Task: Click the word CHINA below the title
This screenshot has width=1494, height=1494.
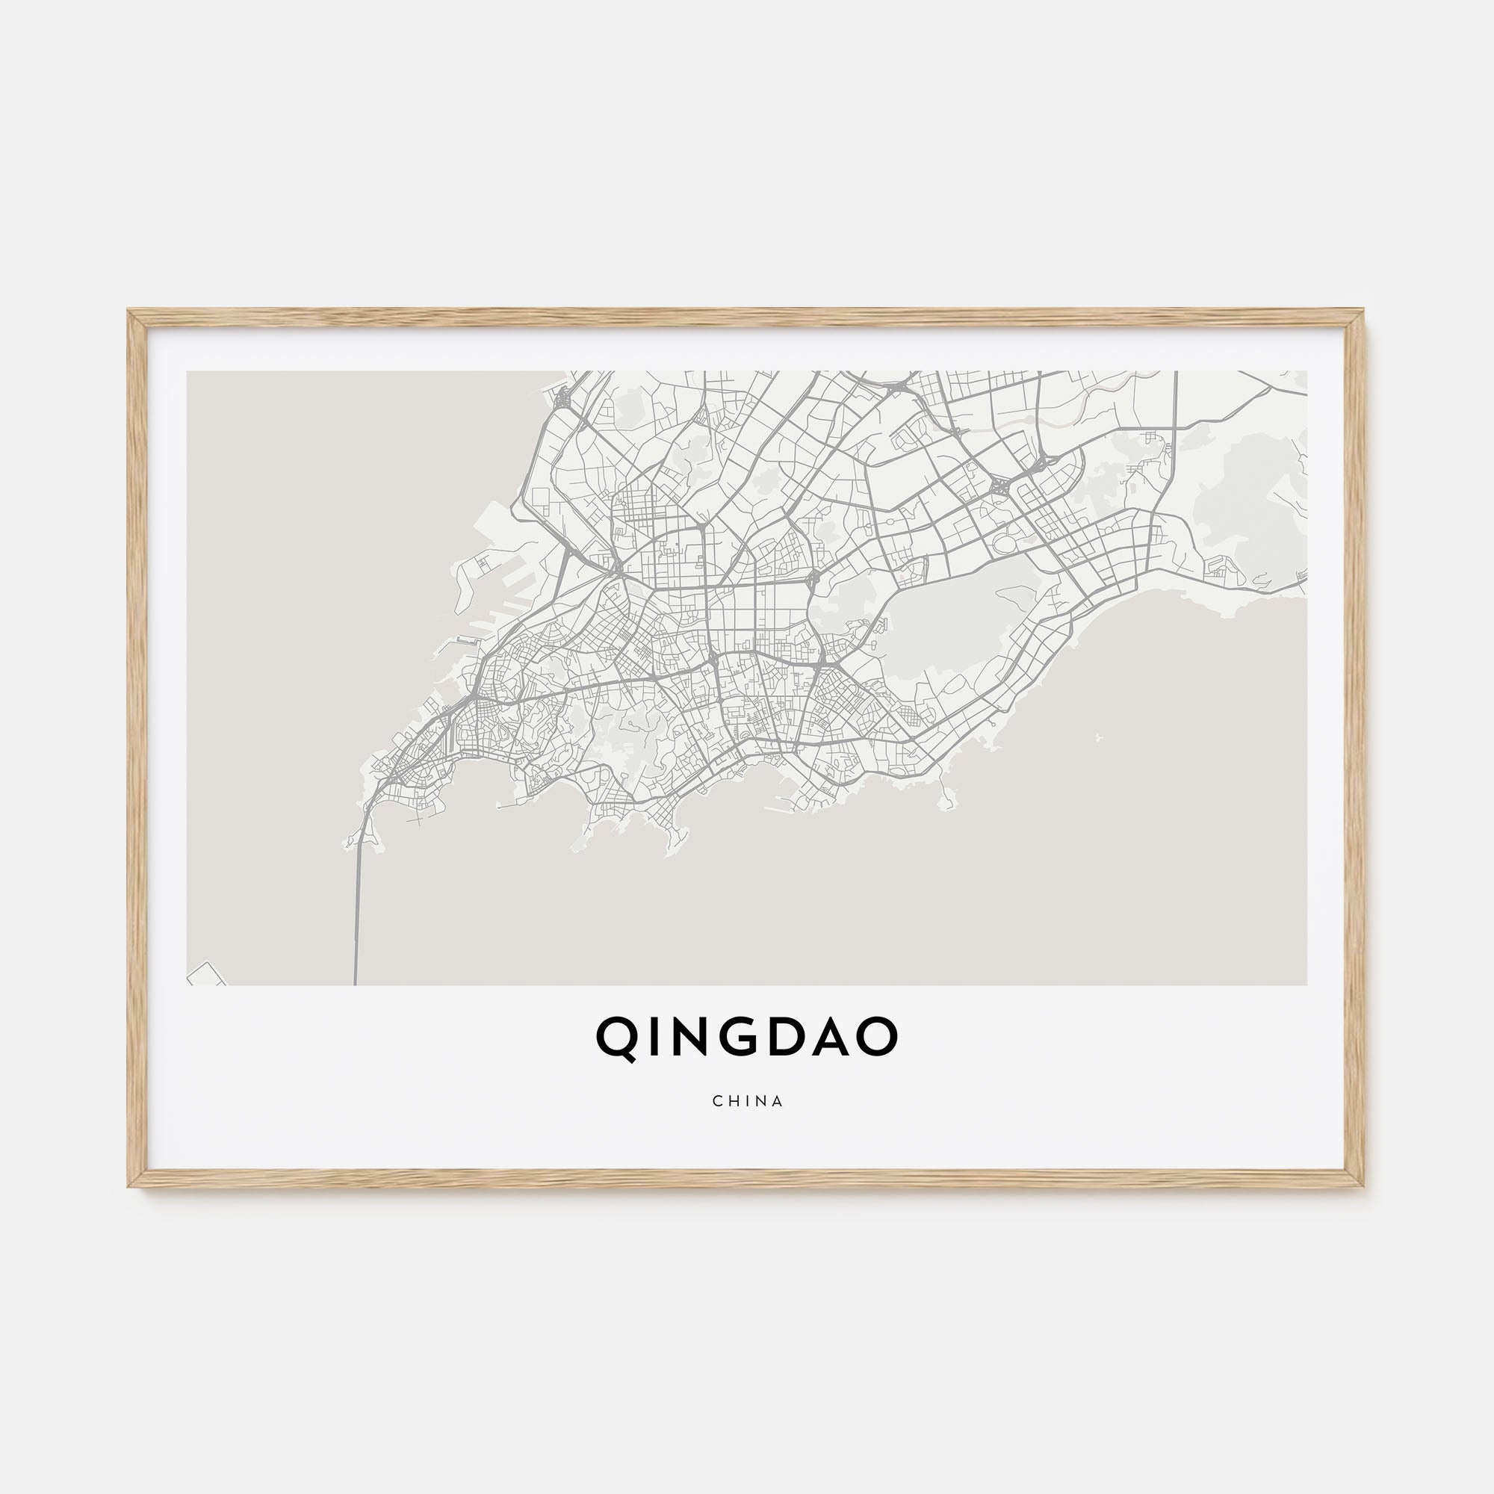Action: point(748,1101)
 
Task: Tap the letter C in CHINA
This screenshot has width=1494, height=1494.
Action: point(718,1101)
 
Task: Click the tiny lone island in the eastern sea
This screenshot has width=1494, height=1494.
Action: point(1098,737)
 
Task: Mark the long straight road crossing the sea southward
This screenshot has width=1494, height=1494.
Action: point(356,913)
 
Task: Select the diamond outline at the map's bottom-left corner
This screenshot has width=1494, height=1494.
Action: point(205,975)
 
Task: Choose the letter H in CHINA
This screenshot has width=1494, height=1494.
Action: point(732,1101)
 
